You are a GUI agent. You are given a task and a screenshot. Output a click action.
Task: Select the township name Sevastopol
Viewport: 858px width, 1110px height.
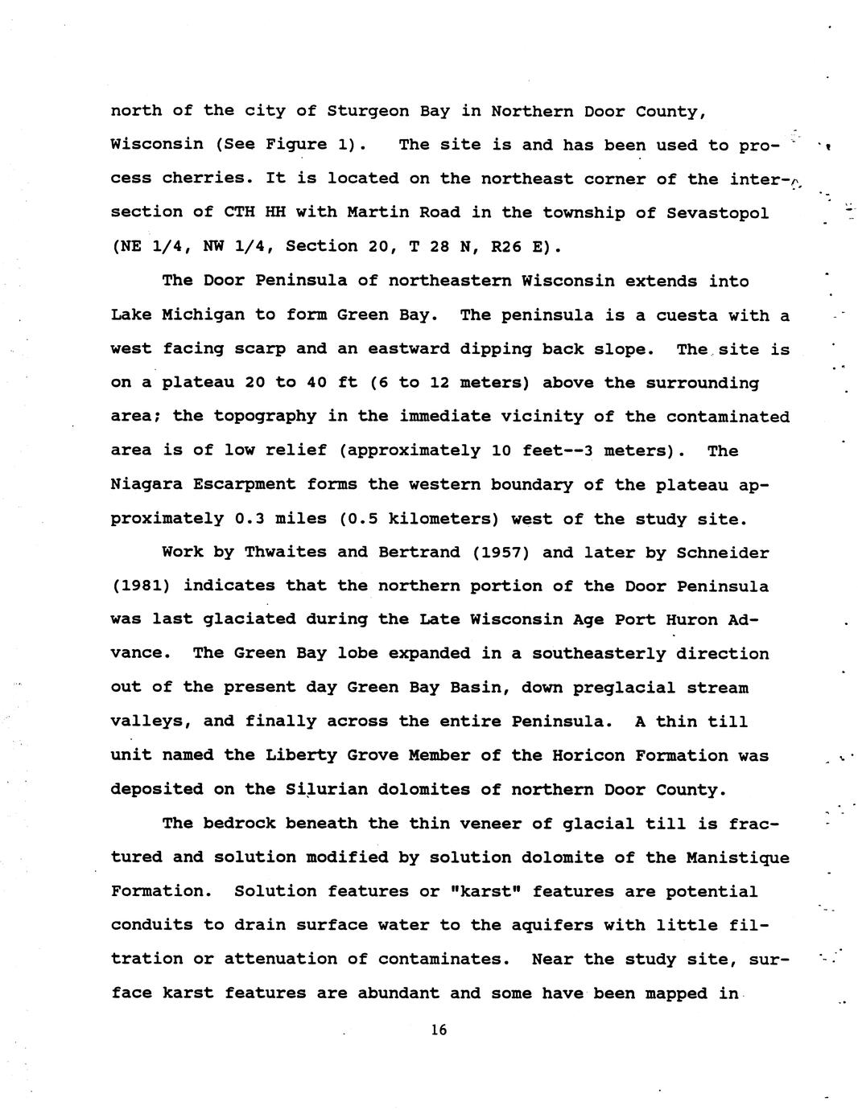[x=717, y=212]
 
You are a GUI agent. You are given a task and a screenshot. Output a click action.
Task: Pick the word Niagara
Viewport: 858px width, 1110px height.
[x=146, y=484]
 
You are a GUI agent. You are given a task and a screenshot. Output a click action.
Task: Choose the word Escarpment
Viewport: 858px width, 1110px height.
[x=250, y=484]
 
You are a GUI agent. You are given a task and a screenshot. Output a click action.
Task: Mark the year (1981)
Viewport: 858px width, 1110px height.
[x=141, y=586]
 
